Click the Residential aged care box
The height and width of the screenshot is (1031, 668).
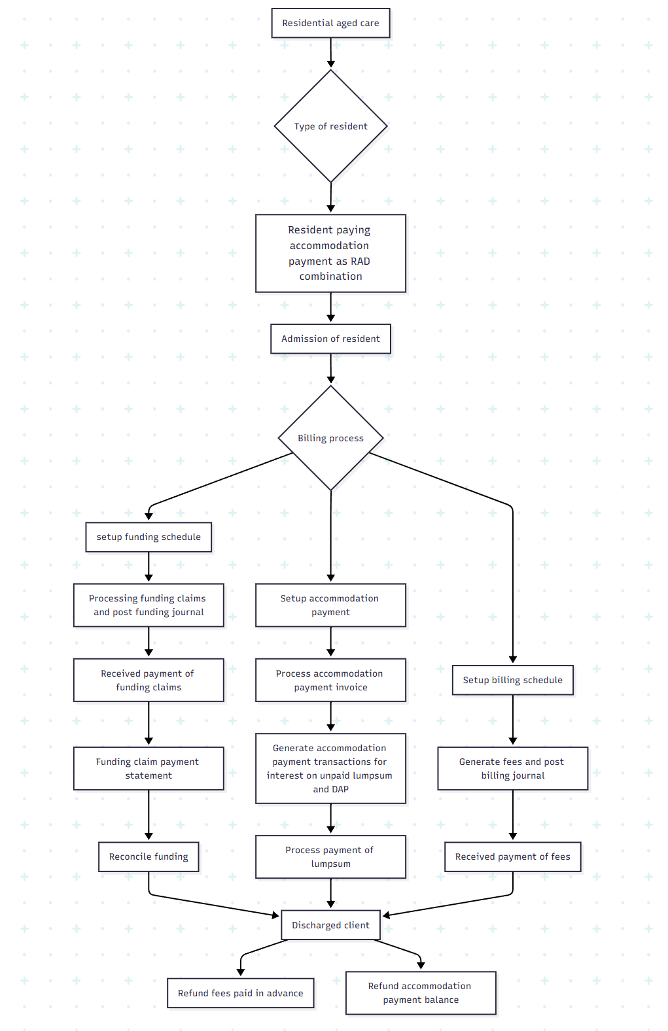coord(330,23)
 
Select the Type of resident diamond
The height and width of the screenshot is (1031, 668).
coord(330,126)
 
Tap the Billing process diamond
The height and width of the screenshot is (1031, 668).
coord(330,438)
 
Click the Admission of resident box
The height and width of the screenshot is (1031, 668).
coord(330,339)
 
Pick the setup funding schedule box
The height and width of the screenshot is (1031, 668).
coord(149,537)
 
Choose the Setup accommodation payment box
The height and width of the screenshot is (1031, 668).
coord(330,605)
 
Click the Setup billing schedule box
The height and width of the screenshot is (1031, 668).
coord(512,680)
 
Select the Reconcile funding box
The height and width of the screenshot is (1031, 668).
coord(149,856)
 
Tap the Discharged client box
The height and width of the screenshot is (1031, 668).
coord(330,925)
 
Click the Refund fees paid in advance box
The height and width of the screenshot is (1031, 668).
coord(240,993)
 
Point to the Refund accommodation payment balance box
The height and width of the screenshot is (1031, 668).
coord(421,992)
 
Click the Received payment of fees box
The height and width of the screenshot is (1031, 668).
coord(512,856)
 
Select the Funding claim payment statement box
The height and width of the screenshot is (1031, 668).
coord(149,768)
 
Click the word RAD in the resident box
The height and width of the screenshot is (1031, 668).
coord(360,261)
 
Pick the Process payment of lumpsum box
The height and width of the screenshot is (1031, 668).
coord(330,856)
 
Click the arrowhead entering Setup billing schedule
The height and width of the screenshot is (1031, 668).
coord(513,660)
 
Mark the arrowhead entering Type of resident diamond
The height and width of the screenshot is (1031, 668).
coord(331,64)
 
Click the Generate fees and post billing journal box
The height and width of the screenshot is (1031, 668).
coord(512,768)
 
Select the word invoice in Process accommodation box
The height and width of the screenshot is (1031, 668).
coord(352,687)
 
